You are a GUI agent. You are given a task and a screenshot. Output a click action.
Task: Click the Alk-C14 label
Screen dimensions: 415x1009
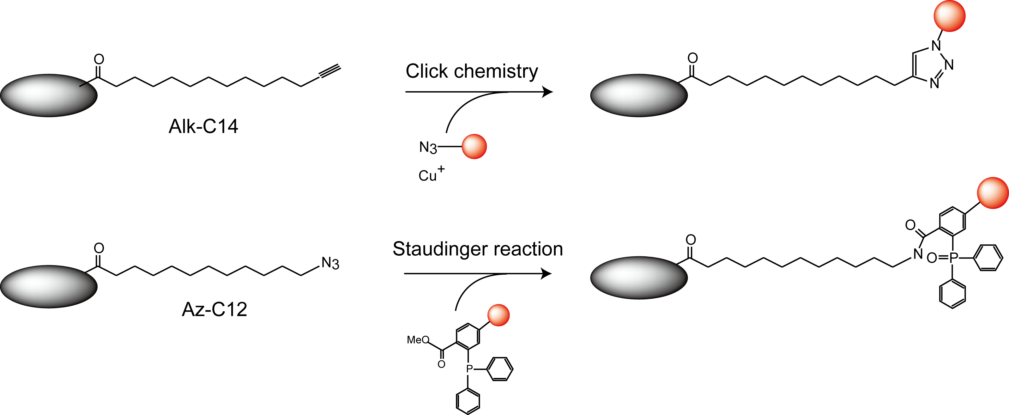pos(203,126)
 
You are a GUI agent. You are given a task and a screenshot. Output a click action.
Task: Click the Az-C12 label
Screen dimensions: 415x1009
pos(214,309)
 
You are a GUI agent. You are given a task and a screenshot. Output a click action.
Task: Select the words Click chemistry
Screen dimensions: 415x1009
pos(472,71)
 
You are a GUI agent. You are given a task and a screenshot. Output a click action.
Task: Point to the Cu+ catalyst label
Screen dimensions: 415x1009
pos(431,174)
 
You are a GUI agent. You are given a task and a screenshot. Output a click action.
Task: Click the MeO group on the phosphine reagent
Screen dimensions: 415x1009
pos(418,340)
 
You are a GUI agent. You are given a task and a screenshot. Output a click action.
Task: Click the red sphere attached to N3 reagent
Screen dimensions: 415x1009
pos(474,147)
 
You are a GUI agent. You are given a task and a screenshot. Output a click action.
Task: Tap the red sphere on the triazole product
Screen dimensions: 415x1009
pos(950,16)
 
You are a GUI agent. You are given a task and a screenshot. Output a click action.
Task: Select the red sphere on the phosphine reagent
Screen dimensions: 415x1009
pos(498,315)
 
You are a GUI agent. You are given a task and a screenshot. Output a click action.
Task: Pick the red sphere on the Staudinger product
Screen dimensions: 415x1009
pos(993,193)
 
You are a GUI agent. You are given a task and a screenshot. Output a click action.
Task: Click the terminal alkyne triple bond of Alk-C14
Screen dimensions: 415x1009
pos(330,72)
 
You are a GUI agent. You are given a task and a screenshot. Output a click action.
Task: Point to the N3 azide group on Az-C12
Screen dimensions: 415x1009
pos(330,263)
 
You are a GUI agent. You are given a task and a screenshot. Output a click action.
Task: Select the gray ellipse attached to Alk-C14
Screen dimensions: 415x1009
pos(49,96)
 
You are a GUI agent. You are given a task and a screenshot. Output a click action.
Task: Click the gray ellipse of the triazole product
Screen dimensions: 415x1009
pos(639,96)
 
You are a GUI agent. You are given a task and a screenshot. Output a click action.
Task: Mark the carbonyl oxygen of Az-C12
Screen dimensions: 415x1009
pos(99,248)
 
